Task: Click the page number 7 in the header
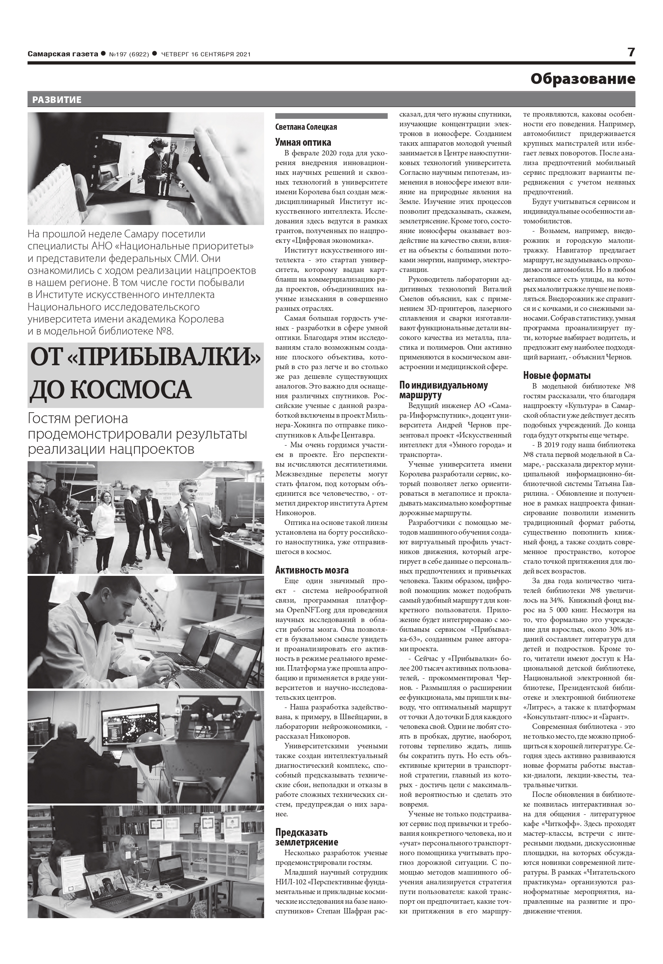coord(631,52)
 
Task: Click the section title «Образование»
coord(583,78)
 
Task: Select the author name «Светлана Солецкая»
coord(306,127)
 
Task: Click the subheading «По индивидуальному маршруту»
coord(443,390)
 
